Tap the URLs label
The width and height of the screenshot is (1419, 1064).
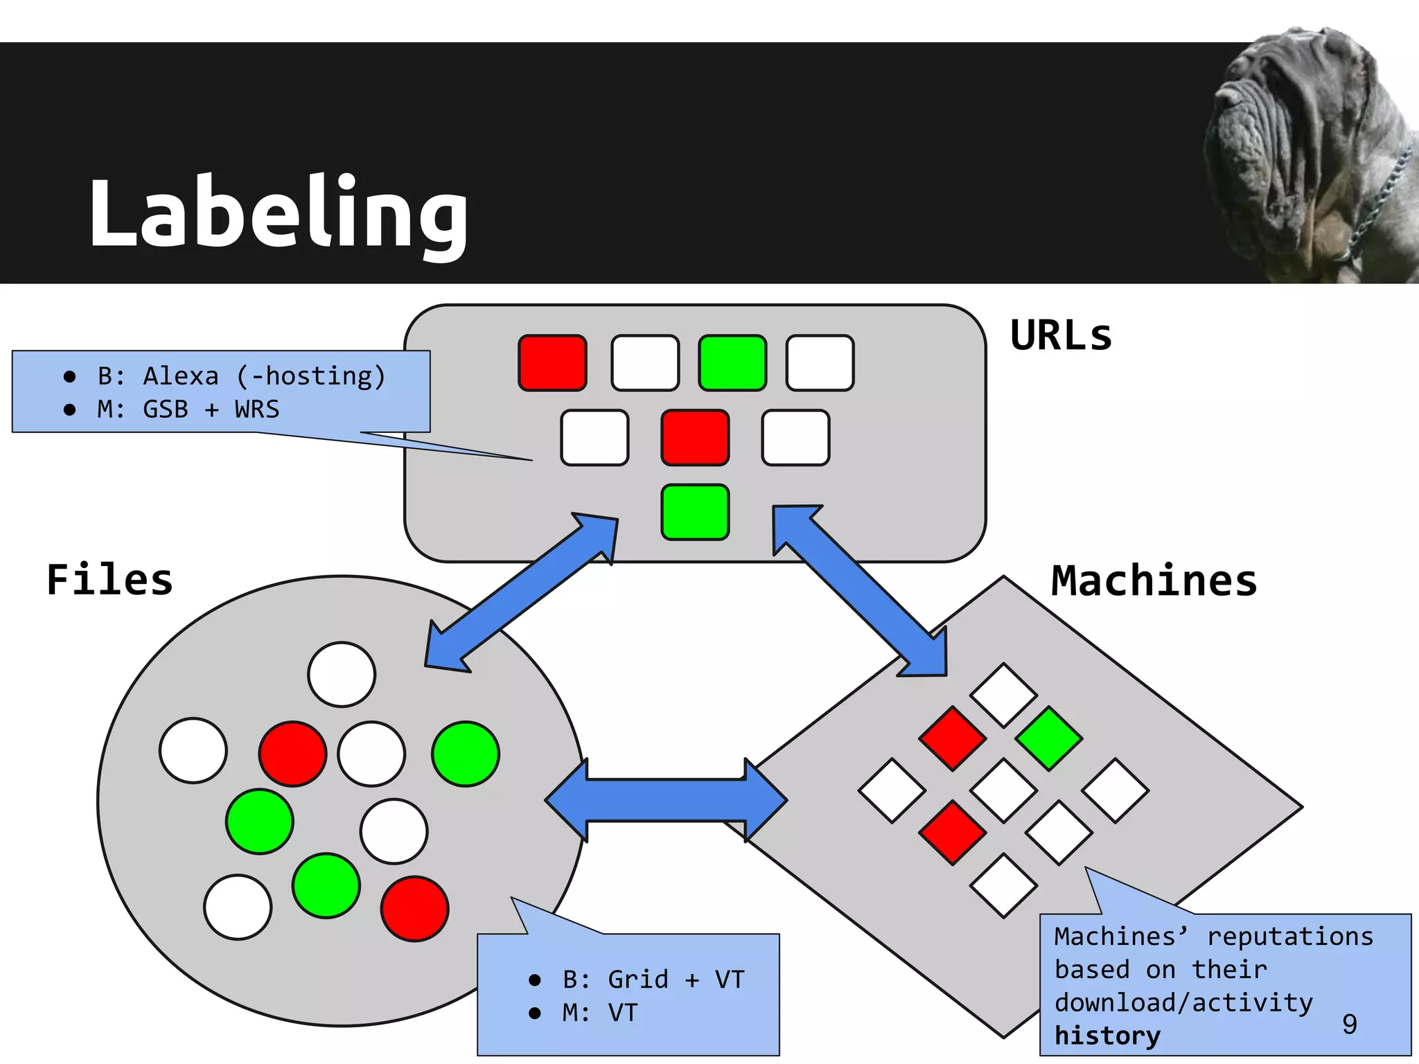(x=1060, y=336)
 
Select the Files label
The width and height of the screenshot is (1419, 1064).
(x=109, y=580)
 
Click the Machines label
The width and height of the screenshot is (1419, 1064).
(x=1154, y=580)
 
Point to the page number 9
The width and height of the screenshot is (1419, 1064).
(x=1349, y=1024)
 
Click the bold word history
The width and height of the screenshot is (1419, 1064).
(x=1107, y=1036)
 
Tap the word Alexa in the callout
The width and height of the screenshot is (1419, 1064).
(x=181, y=376)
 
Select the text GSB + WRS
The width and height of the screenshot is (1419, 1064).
(x=211, y=409)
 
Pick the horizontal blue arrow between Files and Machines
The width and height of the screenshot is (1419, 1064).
(x=666, y=800)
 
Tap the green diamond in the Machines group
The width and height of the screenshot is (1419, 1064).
(x=1048, y=738)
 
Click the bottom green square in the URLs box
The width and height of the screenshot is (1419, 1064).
(x=695, y=513)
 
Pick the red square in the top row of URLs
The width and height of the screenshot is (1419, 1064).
(x=552, y=363)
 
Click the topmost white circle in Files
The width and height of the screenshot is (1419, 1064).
(x=342, y=674)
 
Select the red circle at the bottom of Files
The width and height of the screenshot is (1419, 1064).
(x=414, y=909)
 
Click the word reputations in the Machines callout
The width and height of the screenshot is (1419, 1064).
(x=1289, y=937)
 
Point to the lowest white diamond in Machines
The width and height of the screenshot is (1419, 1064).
(x=1003, y=886)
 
